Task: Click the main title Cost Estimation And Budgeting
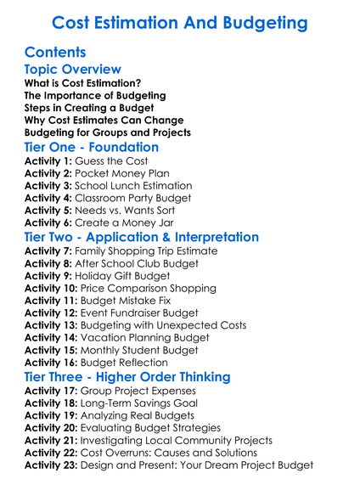[x=179, y=22]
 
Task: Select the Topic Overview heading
[x=73, y=70]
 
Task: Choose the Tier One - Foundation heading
[x=92, y=146]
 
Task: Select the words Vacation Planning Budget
[x=151, y=339]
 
